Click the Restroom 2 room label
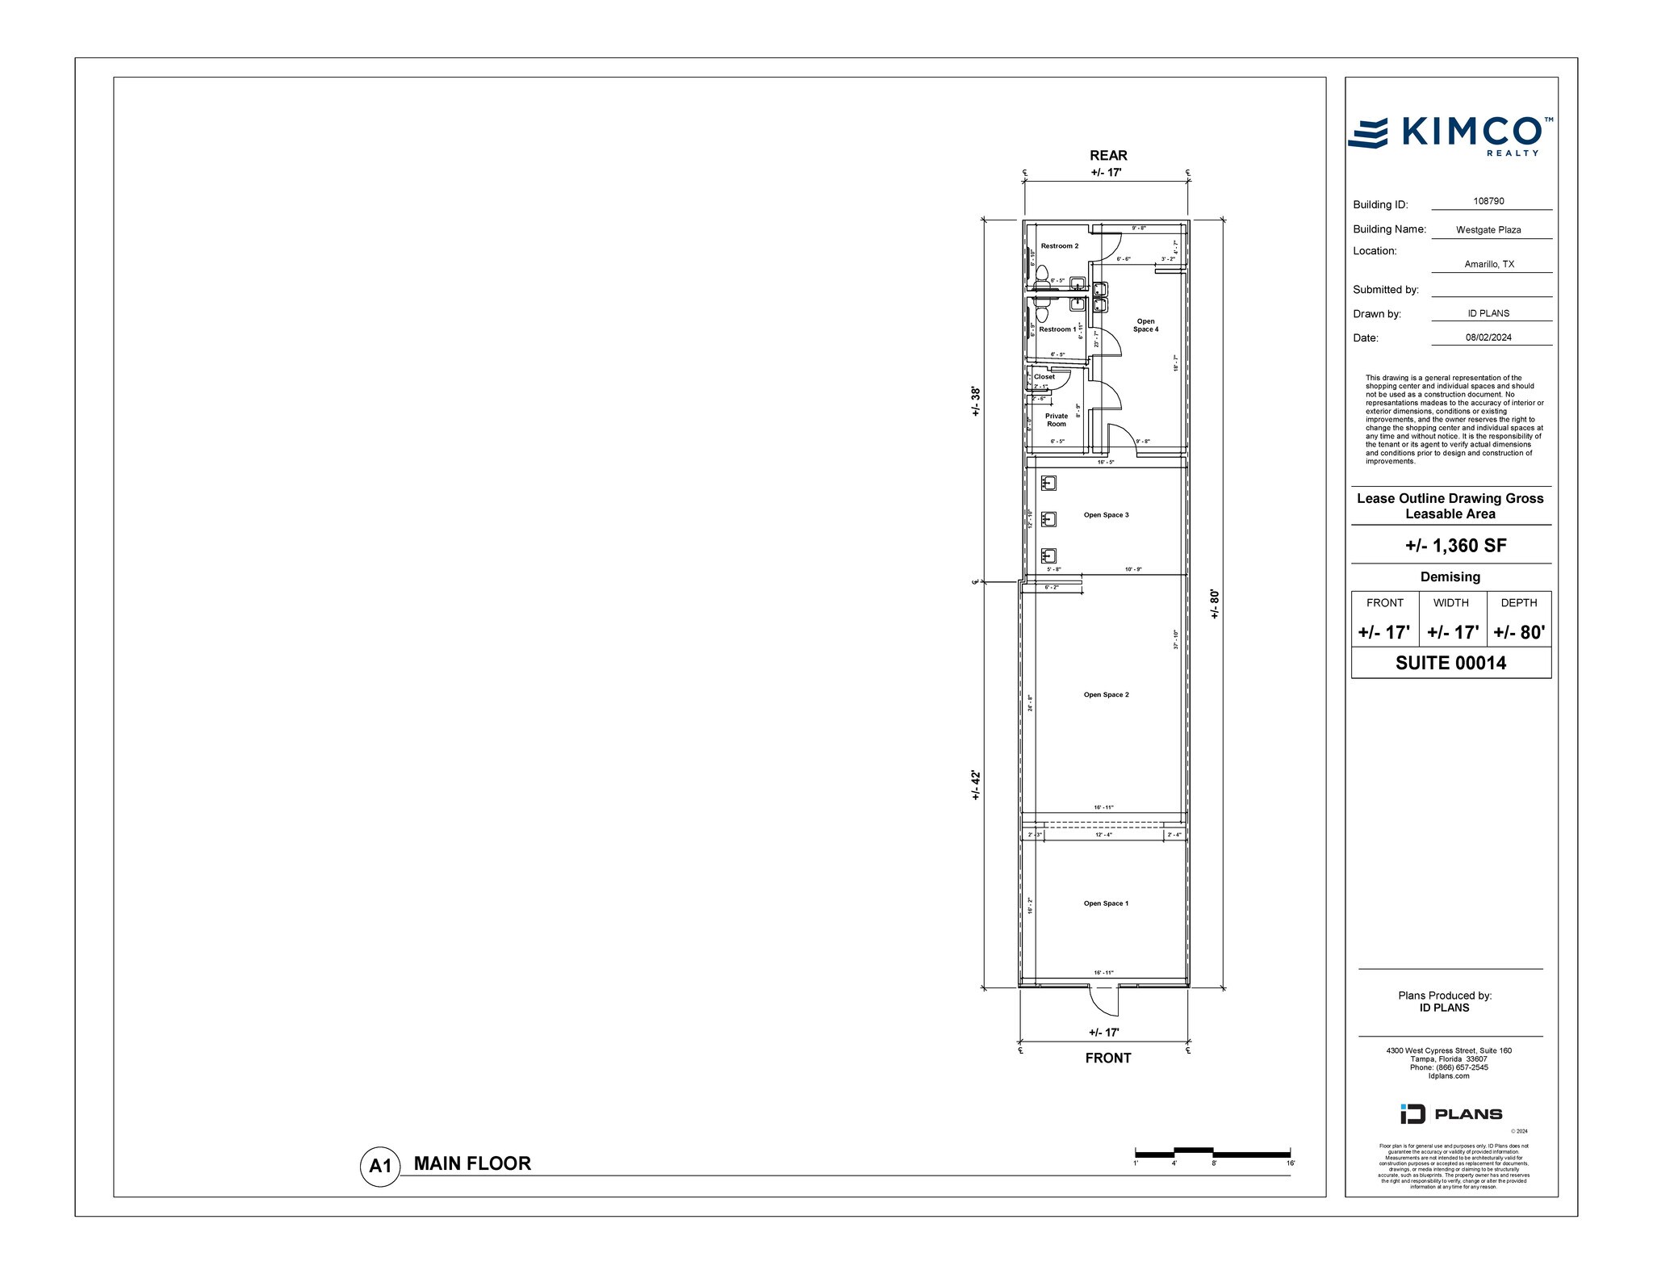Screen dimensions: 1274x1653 (x=1059, y=245)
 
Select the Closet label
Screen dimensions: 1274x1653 (x=1044, y=376)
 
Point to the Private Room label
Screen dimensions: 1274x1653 (x=1056, y=420)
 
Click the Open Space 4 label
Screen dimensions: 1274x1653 (x=1145, y=325)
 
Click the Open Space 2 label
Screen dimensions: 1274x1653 (x=1106, y=694)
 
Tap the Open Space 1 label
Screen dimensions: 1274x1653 (x=1106, y=903)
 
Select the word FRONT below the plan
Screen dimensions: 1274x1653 (x=1107, y=1058)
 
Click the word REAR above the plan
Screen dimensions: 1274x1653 (x=1108, y=155)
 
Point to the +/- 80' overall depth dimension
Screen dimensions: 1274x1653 (x=1215, y=604)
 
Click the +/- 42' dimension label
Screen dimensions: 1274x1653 (x=975, y=785)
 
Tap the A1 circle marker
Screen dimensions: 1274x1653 (x=379, y=1166)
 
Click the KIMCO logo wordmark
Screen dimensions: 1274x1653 (x=1468, y=132)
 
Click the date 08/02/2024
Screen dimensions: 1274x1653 (x=1488, y=337)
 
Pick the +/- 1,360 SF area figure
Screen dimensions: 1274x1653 (x=1455, y=545)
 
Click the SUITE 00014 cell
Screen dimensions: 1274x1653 (x=1450, y=663)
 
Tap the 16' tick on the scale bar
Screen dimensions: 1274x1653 (x=1290, y=1163)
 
